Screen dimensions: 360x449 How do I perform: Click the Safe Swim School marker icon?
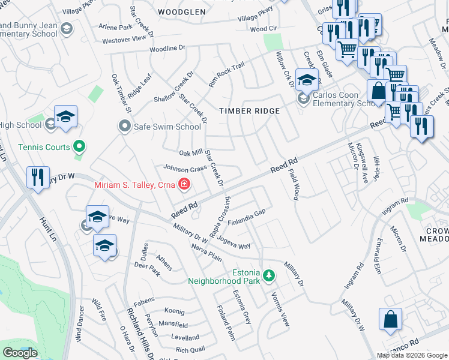125,127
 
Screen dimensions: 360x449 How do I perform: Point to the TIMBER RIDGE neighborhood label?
249,111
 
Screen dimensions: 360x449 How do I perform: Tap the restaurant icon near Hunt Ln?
38,178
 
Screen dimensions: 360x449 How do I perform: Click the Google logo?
20,353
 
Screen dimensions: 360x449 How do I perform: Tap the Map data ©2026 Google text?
412,355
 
